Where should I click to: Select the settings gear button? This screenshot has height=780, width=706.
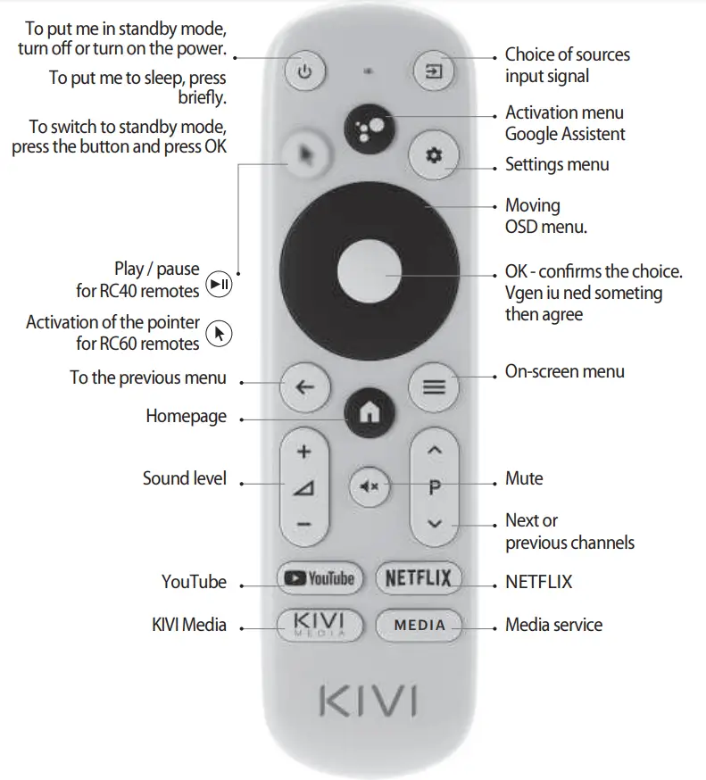434,155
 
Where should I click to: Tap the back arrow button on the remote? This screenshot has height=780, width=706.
304,387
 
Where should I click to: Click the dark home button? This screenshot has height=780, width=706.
369,412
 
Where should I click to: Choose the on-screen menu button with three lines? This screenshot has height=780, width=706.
434,387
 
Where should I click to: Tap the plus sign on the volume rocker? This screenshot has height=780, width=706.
304,452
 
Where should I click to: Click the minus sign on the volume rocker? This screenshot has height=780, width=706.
304,525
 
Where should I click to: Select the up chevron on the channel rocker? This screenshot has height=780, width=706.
435,452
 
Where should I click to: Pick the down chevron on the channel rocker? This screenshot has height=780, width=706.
435,525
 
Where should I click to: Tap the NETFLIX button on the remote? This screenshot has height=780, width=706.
418,579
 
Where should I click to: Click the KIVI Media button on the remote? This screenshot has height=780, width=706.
319,624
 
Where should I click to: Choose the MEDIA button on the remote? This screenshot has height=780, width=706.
419,625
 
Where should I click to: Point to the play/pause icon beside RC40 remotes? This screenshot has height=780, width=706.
219,285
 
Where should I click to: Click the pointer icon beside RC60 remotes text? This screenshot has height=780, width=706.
219,334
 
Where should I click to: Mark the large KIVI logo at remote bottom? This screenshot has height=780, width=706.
368,701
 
